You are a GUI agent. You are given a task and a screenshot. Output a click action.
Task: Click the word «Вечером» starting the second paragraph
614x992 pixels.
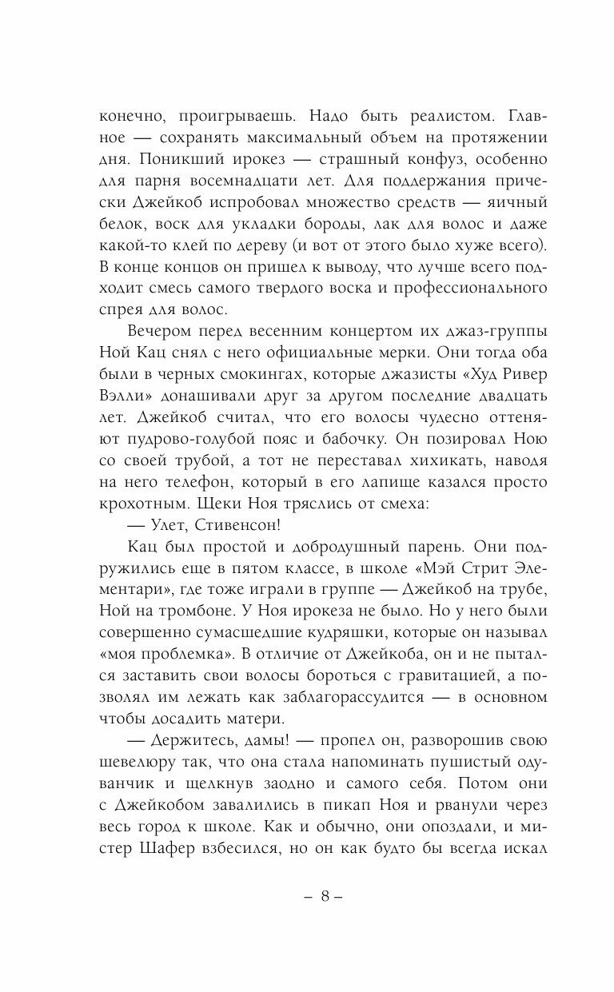(161, 309)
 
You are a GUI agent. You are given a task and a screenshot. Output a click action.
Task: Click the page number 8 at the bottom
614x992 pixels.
(325, 896)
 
